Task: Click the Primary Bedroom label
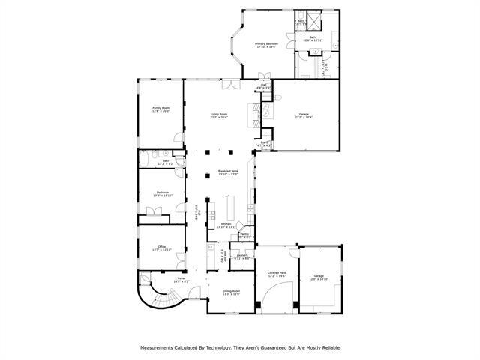coord(266,45)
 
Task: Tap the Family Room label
coord(161,109)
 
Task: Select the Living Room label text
coord(219,115)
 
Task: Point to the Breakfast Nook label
coord(228,172)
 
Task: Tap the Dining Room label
coord(231,292)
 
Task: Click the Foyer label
coord(181,280)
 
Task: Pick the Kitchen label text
coord(226,224)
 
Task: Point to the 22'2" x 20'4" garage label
coord(303,115)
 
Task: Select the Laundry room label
coord(242,256)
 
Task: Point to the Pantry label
coord(244,235)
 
